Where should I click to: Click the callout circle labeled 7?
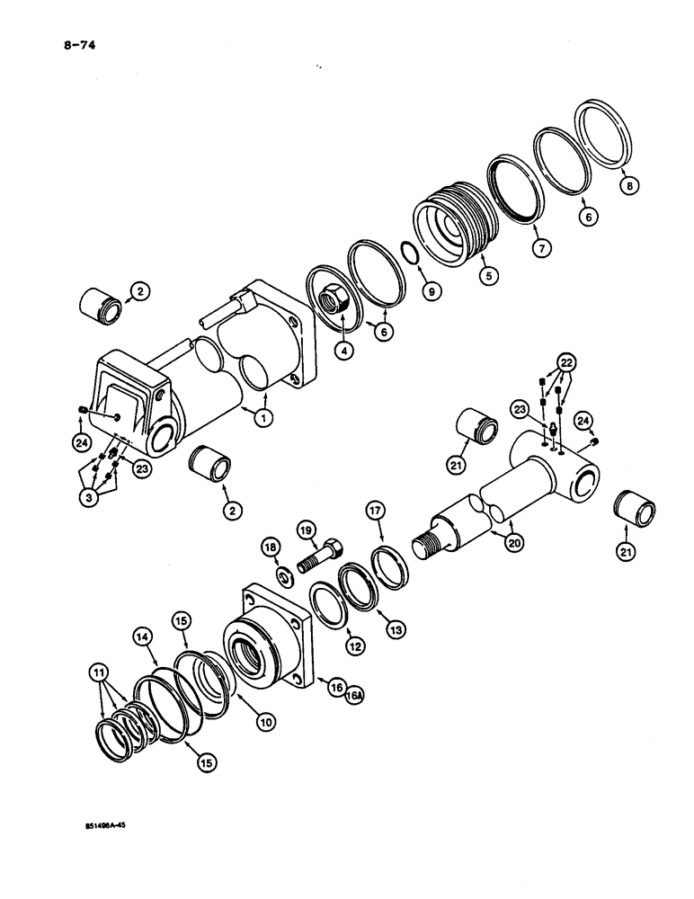pos(539,247)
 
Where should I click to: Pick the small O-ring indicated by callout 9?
pos(407,254)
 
